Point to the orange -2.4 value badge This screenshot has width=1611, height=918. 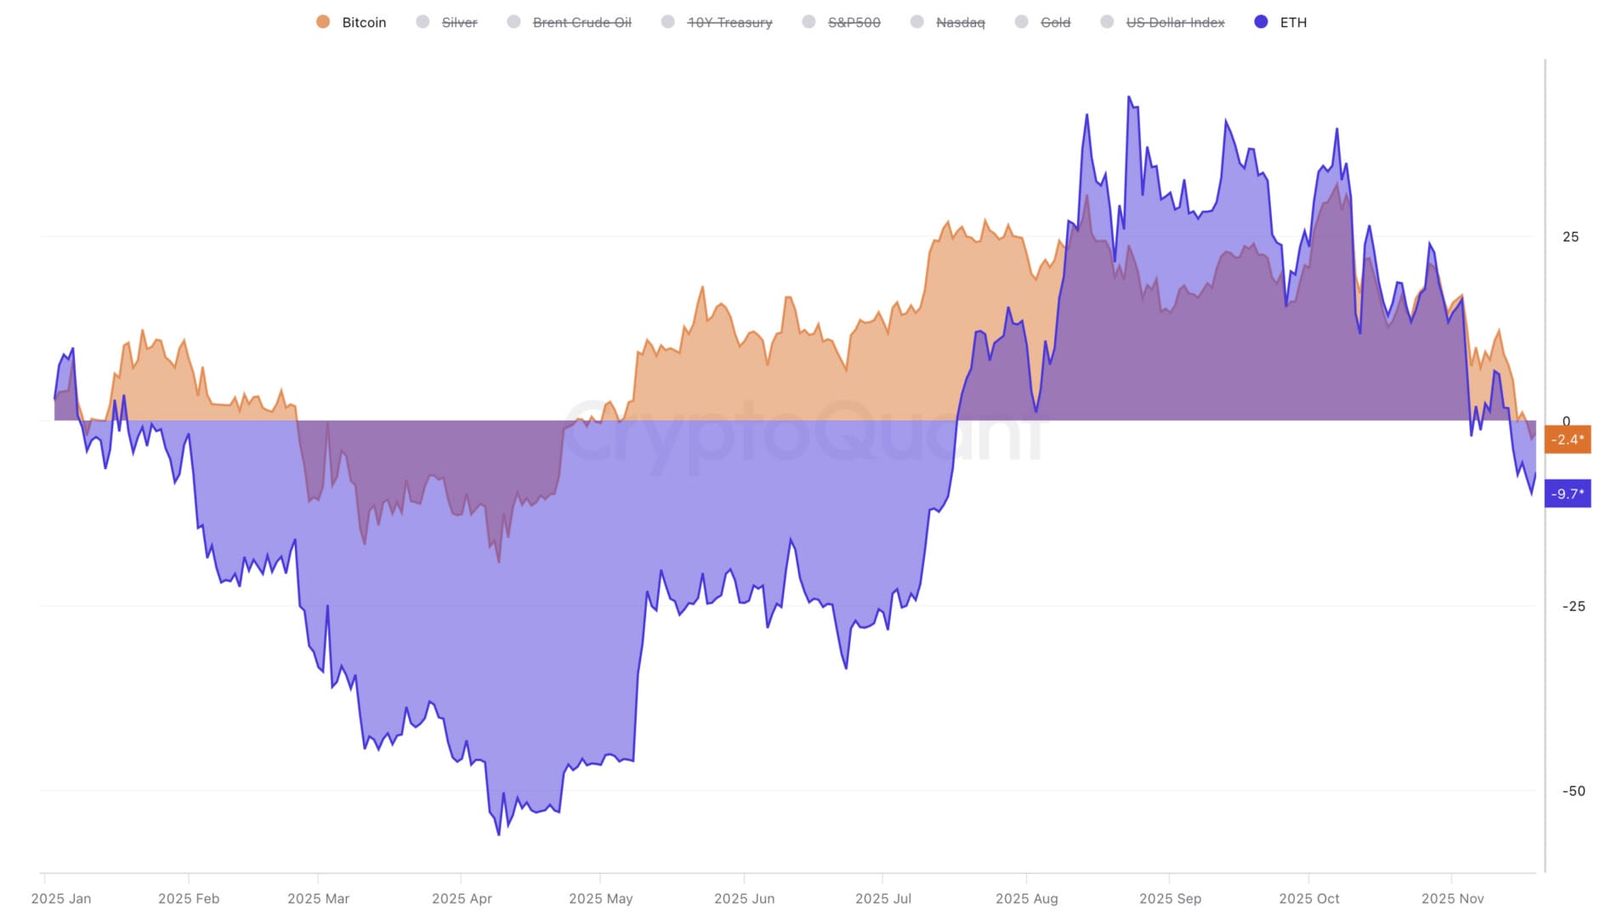point(1567,439)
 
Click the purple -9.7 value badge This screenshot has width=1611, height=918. point(1567,494)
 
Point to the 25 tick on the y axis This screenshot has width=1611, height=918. point(1570,237)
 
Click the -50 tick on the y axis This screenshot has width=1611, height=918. point(1573,791)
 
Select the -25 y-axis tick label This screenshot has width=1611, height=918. point(1573,607)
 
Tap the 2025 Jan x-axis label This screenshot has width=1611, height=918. point(61,898)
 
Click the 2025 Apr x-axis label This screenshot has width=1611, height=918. point(462,898)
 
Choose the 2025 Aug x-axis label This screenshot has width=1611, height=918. point(1026,898)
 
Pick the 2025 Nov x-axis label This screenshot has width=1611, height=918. point(1452,898)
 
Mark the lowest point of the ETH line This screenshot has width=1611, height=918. point(498,835)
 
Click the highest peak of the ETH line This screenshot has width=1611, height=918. point(1129,97)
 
